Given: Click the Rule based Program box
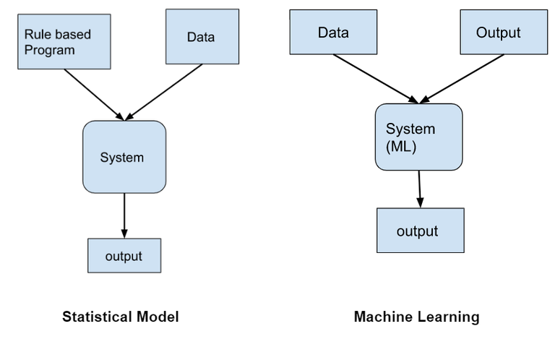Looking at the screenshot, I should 64,41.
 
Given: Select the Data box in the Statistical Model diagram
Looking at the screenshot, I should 202,36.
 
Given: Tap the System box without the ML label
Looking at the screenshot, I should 124,157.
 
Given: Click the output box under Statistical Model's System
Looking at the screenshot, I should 124,256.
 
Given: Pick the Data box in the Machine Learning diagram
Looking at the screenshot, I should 333,33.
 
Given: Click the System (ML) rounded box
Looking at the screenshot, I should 418,137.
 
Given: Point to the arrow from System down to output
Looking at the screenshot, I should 124,215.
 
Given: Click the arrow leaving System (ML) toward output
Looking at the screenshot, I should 419,189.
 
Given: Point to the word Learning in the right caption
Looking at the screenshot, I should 450,317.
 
